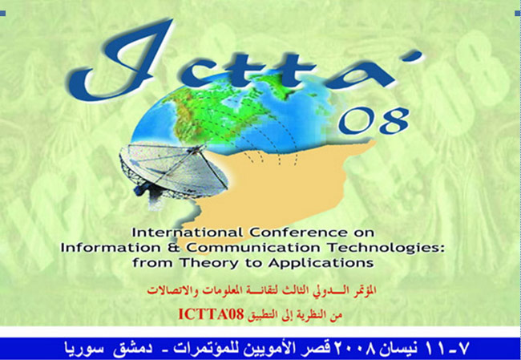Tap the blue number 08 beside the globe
374,121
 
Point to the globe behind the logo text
232,116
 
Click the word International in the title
188,233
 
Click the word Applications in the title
321,263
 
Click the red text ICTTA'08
212,313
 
